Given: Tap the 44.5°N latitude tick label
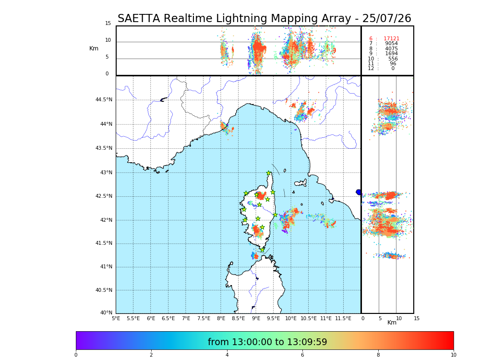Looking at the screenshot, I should point(104,100).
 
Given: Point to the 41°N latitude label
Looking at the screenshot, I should point(106,267).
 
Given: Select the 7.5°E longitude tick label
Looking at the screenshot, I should point(204,319).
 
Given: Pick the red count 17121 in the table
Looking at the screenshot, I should point(391,39).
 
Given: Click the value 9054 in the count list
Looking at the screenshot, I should point(391,44).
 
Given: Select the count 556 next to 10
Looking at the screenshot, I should point(393,59).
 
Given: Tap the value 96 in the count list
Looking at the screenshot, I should point(393,64).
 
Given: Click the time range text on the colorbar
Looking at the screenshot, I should point(267,342).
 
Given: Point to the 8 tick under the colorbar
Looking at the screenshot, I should point(378,355).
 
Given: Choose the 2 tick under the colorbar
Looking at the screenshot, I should point(151,355).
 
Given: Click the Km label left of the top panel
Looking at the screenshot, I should point(94,48).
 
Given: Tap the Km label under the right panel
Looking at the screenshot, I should point(392,323).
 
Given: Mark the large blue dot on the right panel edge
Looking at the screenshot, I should point(359,192).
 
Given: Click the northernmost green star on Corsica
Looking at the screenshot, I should point(269,173).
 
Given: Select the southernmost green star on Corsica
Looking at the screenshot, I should point(263,250).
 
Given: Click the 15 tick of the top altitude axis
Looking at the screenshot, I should point(108,24).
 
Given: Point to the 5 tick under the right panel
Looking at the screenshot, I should point(380,318).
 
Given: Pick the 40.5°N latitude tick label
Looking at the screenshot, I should point(104,290).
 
